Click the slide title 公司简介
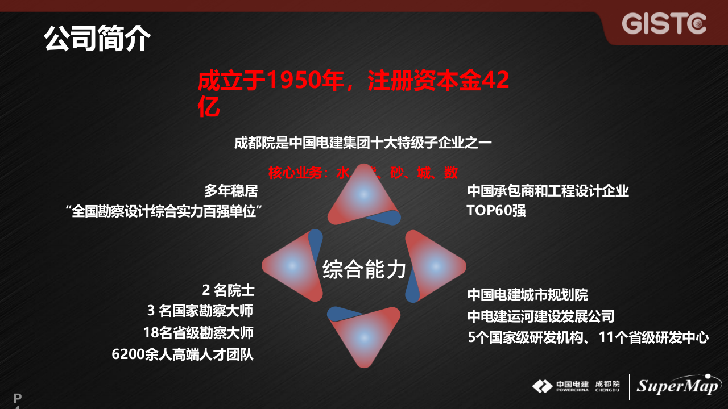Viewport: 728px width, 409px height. click(98, 39)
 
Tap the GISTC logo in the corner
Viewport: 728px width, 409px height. click(664, 24)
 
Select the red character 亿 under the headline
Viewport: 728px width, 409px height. click(209, 108)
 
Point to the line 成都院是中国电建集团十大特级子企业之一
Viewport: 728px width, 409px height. click(363, 143)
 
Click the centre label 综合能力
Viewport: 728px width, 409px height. click(364, 269)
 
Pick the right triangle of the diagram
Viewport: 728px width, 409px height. click(435, 265)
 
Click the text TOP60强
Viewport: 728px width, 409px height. click(496, 211)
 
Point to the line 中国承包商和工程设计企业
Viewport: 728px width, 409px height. click(548, 190)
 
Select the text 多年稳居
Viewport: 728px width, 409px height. click(231, 190)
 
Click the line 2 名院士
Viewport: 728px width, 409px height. click(227, 290)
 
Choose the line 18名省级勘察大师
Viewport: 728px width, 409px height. click(198, 332)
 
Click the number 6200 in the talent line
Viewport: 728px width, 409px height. click(128, 354)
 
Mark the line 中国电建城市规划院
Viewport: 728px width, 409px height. click(527, 295)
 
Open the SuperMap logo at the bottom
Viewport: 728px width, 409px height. click(677, 386)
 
